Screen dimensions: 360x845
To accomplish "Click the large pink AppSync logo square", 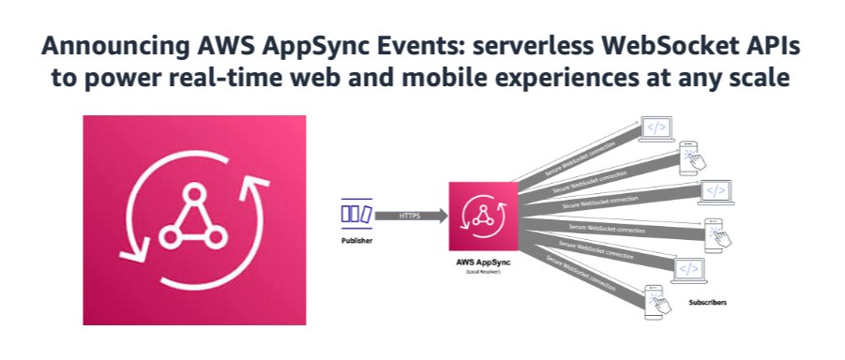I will click(194, 219).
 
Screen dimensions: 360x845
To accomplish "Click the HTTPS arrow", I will click(411, 216).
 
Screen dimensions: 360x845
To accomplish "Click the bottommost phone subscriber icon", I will click(662, 302).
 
